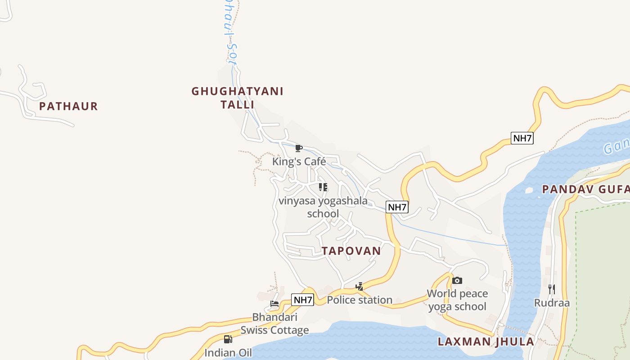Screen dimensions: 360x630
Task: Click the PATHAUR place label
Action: tap(68, 107)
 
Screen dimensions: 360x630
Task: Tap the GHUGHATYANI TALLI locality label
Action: tap(237, 98)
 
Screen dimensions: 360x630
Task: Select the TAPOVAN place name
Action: tap(351, 251)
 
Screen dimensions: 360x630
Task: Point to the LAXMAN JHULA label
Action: tap(486, 342)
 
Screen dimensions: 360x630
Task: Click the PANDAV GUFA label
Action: tap(585, 189)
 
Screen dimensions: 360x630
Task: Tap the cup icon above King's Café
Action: tap(298, 148)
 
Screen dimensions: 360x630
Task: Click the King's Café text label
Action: tap(299, 162)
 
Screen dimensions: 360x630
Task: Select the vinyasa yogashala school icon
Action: tap(323, 187)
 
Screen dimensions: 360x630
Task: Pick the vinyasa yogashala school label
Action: tap(323, 207)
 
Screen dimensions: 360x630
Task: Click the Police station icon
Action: tap(359, 286)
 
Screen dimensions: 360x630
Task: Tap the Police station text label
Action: tap(359, 300)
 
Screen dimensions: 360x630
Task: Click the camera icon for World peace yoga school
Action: tap(457, 280)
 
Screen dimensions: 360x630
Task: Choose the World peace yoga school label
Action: tap(457, 300)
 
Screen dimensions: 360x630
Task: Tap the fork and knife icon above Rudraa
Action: tap(552, 289)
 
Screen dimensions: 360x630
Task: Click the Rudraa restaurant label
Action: tap(552, 303)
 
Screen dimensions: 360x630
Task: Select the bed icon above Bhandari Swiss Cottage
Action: tap(274, 304)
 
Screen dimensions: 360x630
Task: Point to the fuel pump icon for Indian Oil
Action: tap(228, 339)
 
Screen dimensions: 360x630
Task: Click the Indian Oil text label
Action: tap(228, 353)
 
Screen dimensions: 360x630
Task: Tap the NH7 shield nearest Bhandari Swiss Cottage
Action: tap(302, 300)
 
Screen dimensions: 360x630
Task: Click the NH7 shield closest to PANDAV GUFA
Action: tap(522, 138)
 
